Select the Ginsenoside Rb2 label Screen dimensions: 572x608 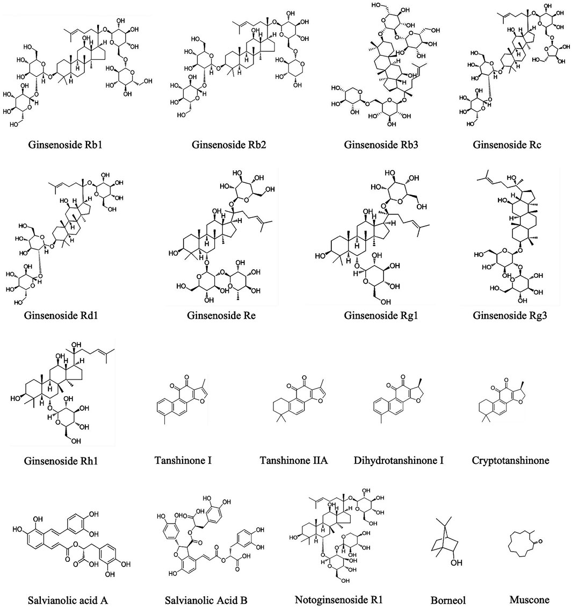[223, 145]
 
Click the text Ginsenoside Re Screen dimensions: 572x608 [221, 315]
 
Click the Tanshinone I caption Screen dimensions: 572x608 [183, 461]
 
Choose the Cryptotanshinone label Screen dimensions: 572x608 [511, 461]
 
